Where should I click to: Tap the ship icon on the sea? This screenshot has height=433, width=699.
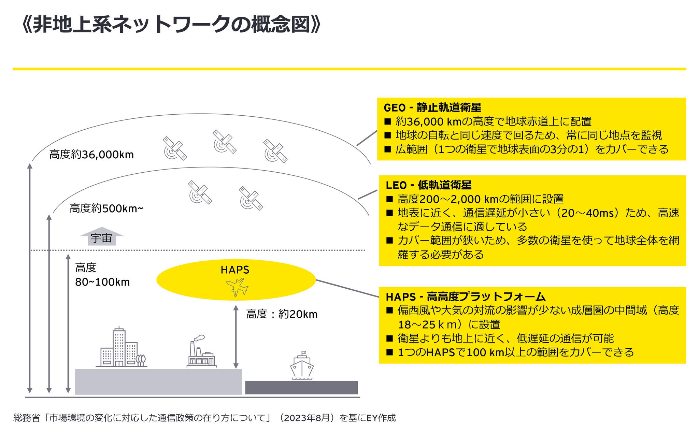(x=302, y=366)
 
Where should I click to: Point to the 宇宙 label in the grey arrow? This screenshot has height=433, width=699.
(x=101, y=238)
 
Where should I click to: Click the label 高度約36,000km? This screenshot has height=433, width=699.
(x=91, y=155)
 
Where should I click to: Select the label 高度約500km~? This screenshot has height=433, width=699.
(x=106, y=208)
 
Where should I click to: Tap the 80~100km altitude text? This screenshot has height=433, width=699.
(x=102, y=282)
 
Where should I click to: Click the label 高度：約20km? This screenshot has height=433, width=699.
(x=282, y=314)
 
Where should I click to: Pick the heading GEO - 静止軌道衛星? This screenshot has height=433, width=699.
(x=432, y=107)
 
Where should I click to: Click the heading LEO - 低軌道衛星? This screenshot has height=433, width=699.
(x=428, y=185)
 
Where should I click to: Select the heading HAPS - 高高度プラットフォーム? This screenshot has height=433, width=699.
(x=466, y=297)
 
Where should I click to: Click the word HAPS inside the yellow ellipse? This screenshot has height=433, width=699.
(x=235, y=270)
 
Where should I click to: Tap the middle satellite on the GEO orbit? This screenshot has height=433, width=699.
(x=224, y=141)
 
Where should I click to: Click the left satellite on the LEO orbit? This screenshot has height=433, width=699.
(x=200, y=192)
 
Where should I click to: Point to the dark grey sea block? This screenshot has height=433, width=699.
(x=301, y=388)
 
